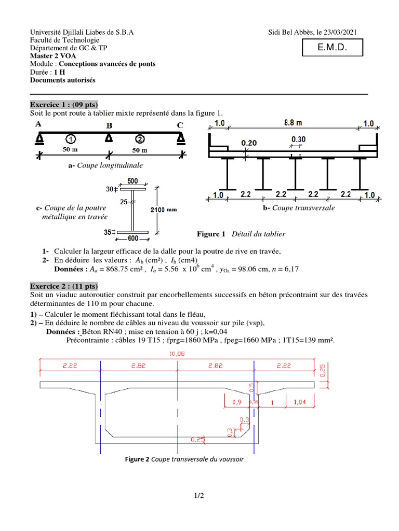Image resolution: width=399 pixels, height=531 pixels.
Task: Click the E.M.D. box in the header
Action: coord(331,48)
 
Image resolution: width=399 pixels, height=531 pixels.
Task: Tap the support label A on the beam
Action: coord(38,124)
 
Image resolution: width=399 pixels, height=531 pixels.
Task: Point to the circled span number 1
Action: coord(71,139)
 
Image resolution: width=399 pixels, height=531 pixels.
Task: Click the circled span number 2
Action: coord(140,139)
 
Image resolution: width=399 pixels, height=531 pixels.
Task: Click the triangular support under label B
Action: coord(109,138)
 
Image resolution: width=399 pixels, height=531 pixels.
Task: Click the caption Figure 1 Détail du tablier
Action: coord(241,234)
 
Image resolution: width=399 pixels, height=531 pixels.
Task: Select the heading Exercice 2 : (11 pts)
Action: coord(64,286)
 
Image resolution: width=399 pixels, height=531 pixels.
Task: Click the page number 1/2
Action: coord(199,495)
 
